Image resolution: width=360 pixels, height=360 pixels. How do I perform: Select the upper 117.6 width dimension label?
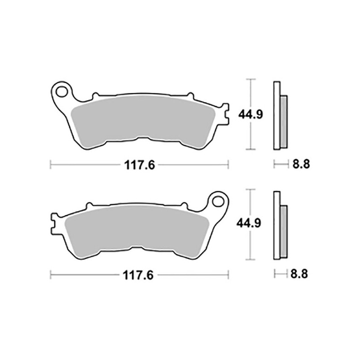[x=139, y=165]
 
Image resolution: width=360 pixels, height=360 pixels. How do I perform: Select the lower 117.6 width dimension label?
[x=139, y=275]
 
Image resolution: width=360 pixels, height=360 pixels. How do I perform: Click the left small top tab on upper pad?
[x=95, y=96]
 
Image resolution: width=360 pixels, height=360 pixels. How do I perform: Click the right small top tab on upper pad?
[x=189, y=96]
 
